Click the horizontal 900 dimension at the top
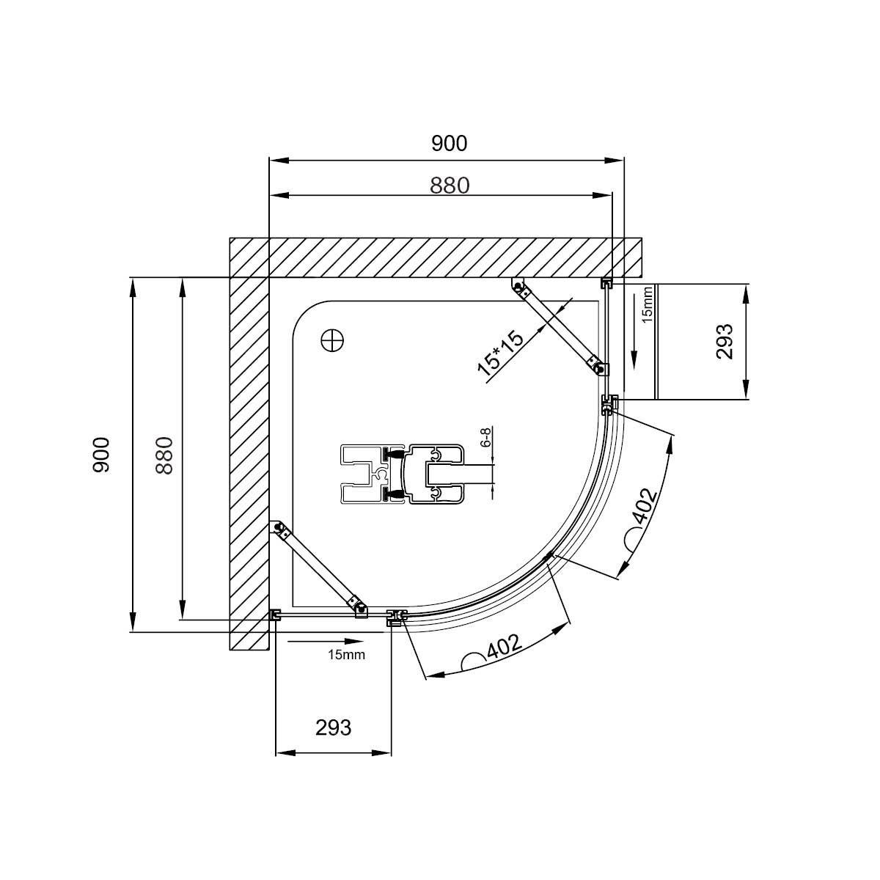click(x=450, y=144)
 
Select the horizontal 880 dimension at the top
click(x=450, y=186)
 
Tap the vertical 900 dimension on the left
click(x=101, y=455)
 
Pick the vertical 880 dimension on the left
click(x=164, y=455)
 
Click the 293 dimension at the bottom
click(x=334, y=727)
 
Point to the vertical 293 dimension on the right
click(x=725, y=342)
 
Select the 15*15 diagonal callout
click(x=501, y=354)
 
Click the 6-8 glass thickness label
click(x=486, y=437)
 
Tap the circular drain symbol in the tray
click(x=332, y=340)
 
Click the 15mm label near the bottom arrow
click(x=346, y=655)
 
